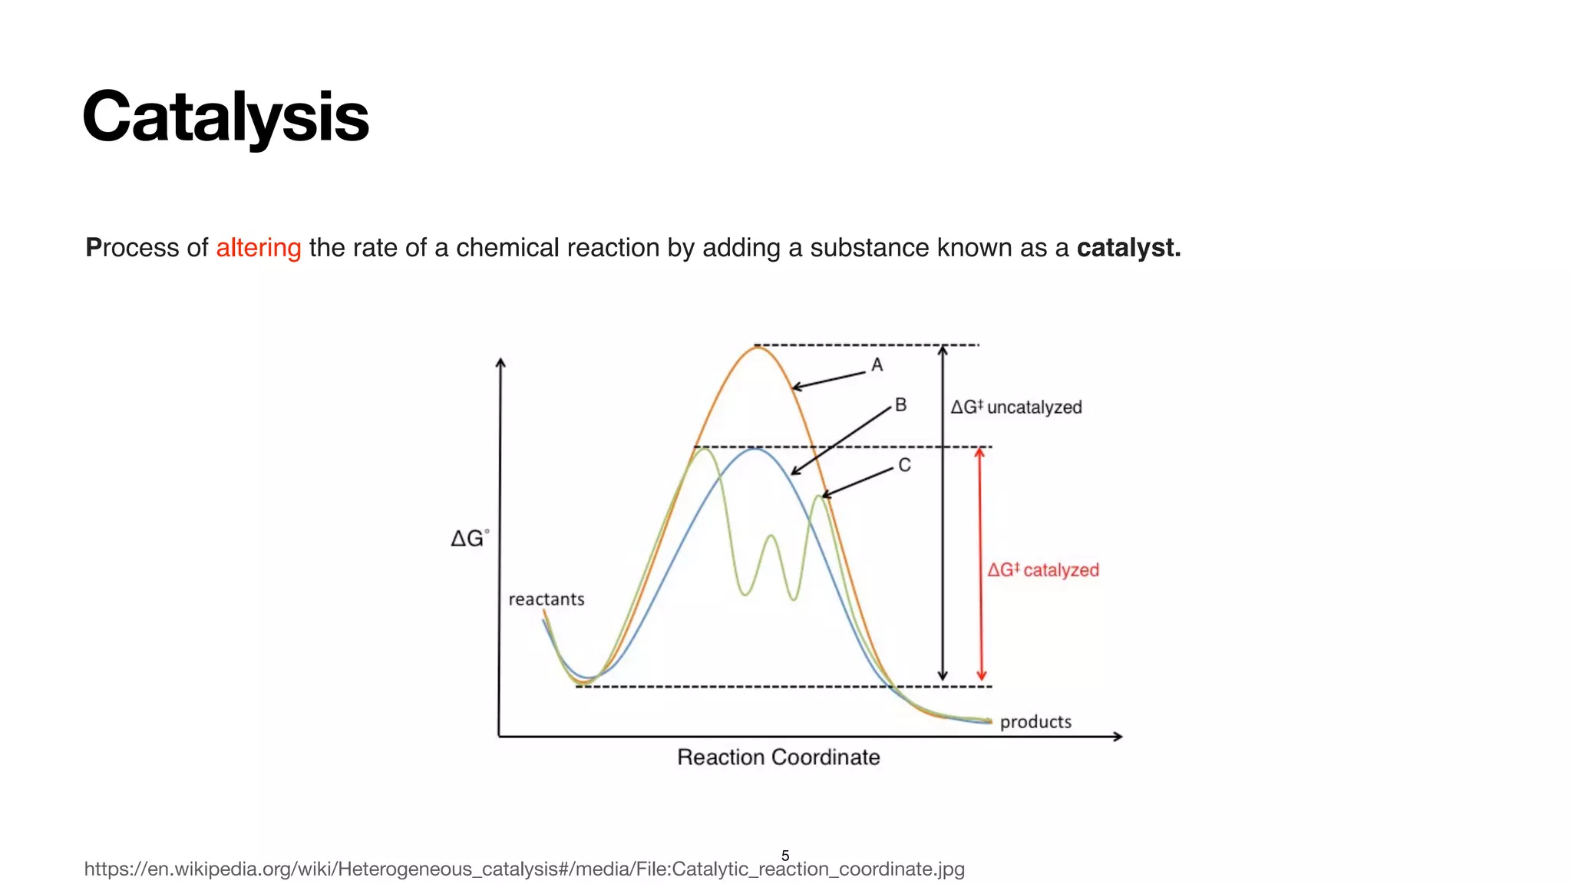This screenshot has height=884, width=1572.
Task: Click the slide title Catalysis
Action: pos(226,117)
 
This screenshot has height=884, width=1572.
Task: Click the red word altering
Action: pos(258,248)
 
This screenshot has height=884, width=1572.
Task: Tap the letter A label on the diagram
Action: pos(877,365)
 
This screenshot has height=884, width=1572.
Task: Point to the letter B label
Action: pos(900,405)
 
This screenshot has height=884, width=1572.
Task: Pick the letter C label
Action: pos(904,466)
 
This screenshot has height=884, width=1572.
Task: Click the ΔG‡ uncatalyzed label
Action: pos(1016,407)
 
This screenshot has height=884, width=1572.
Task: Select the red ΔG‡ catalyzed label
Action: pos(1042,570)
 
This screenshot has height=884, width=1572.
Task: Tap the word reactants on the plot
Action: pos(547,599)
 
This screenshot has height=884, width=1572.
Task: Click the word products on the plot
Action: pos(1035,722)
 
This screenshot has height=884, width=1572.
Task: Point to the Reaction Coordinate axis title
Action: pos(778,757)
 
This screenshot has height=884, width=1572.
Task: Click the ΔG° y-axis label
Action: pos(469,539)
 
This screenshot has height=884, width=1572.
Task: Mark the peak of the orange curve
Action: pos(757,348)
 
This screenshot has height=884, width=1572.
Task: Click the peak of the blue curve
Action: pos(755,449)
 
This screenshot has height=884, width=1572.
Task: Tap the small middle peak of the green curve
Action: pos(770,537)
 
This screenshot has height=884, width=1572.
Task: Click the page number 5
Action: pos(784,856)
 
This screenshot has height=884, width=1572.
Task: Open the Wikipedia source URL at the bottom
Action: pos(524,869)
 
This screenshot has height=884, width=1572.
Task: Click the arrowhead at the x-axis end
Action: pos(1118,737)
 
